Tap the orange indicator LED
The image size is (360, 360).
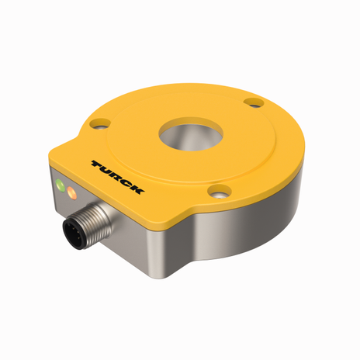point(74,192)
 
